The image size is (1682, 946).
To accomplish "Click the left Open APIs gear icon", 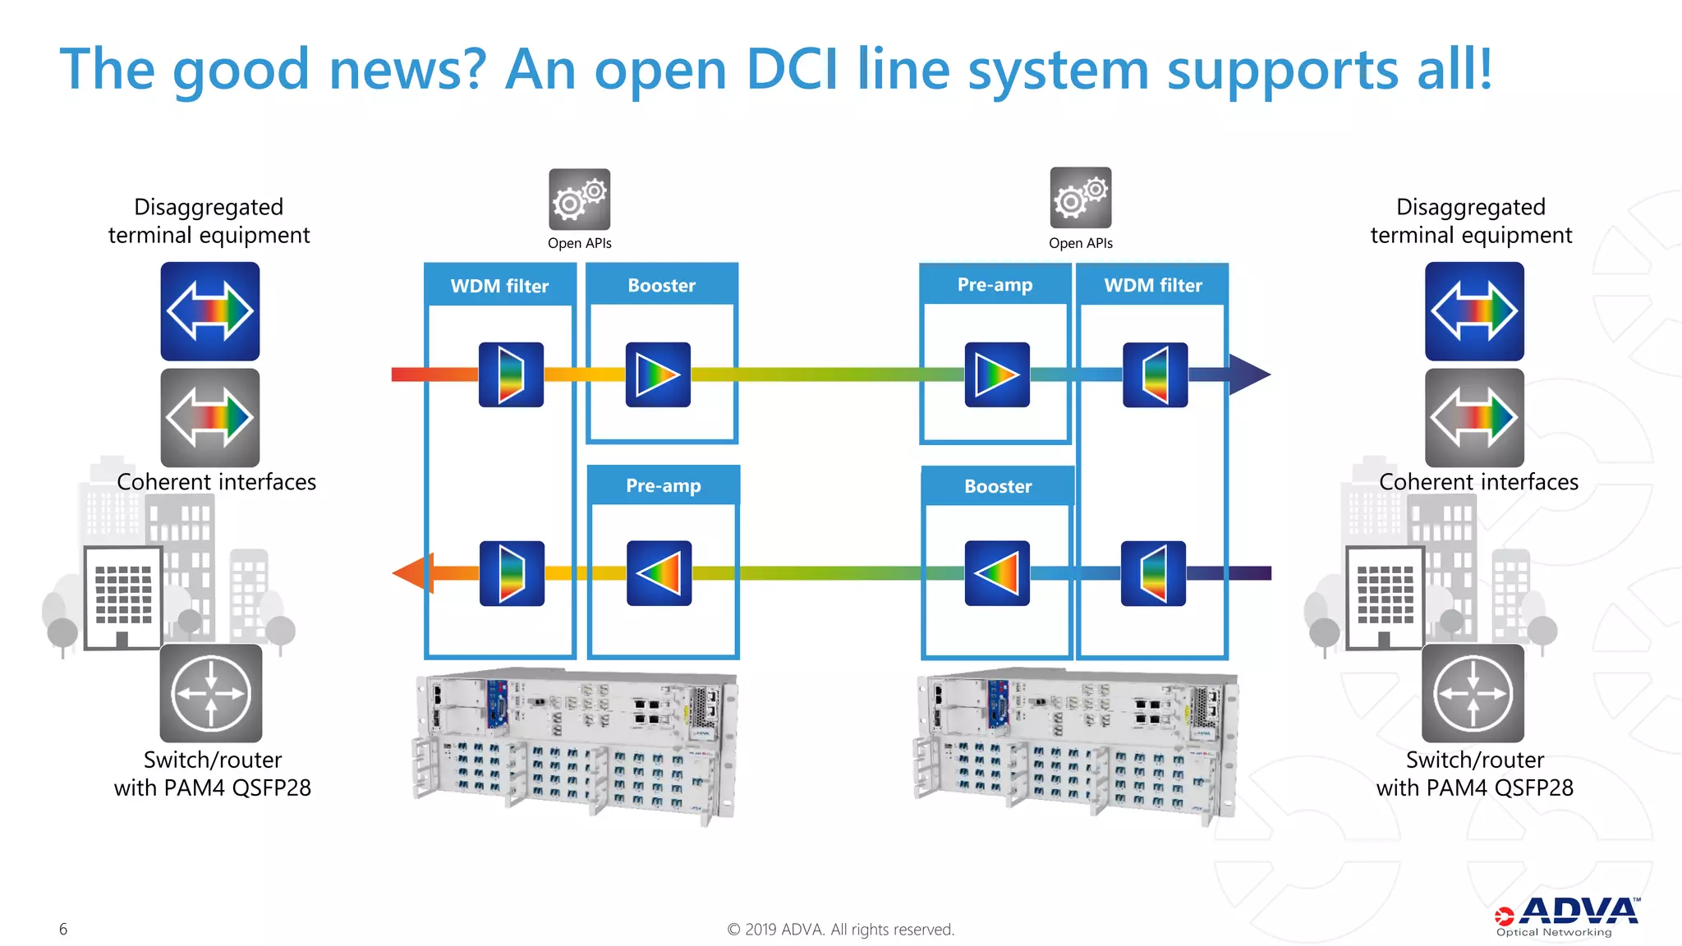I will [579, 200].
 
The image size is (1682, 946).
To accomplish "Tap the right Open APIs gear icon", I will [1080, 198].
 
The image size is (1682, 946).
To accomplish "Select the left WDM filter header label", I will [499, 286].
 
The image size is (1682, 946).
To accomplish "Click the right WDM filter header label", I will [1152, 285].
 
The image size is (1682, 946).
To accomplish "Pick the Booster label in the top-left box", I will [661, 285].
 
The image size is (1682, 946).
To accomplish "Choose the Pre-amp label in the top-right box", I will [995, 284].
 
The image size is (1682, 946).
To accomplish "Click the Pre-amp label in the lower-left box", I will [663, 485].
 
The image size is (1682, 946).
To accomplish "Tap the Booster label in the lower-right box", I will [997, 486].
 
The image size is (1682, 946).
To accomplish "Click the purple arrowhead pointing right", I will [1248, 374].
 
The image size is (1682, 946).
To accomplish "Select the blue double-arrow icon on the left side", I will [210, 311].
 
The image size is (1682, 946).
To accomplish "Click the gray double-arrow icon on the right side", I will [1474, 417].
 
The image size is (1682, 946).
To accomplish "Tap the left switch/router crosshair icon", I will [211, 693].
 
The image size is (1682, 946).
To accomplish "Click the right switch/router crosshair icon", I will [1473, 693].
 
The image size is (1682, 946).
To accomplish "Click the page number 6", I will [63, 929].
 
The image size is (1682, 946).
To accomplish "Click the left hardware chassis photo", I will [575, 743].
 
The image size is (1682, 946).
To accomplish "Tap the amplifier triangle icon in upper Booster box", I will [658, 374].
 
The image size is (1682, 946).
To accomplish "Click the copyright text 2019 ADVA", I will [840, 929].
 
